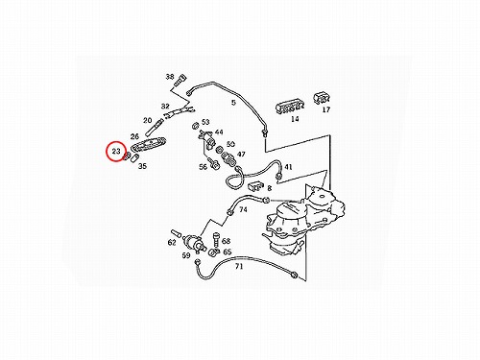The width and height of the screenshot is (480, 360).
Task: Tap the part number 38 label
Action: (170, 77)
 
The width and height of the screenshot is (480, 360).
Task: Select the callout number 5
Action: (233, 103)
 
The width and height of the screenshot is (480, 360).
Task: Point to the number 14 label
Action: (295, 119)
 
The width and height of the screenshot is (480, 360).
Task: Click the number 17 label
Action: (325, 109)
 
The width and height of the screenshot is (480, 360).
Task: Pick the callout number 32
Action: (165, 106)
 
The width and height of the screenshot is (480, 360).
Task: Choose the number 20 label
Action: (147, 120)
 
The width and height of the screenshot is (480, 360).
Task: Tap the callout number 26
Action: (134, 136)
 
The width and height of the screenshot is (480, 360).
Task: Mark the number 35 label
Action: (142, 166)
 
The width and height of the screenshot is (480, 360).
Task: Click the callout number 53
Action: (205, 122)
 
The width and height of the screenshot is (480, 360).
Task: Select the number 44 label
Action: (219, 132)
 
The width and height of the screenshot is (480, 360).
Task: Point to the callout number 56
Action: (203, 167)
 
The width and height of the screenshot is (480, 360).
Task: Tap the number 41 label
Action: (288, 167)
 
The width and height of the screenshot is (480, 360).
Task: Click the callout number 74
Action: (243, 209)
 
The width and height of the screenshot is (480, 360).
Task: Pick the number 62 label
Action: (172, 243)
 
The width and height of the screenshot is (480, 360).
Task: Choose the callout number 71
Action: (239, 266)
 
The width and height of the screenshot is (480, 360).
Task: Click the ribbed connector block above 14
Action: (290, 108)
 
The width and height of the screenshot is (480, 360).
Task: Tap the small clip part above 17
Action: (321, 98)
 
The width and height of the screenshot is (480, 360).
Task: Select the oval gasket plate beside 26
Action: (149, 144)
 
